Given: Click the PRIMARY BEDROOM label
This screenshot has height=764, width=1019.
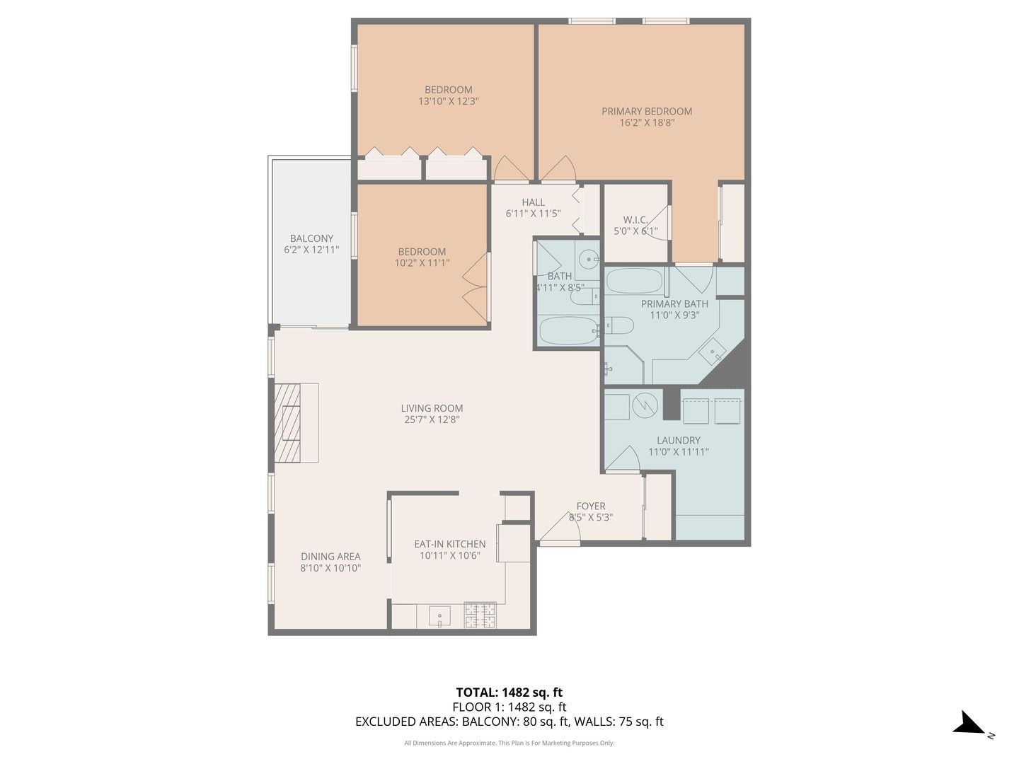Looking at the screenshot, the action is [x=647, y=111].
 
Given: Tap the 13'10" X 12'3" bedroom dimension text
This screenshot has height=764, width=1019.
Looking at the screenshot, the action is [x=449, y=101].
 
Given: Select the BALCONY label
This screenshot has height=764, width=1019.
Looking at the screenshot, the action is [x=311, y=238].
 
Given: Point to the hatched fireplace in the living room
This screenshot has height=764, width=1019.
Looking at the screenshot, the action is [x=287, y=422].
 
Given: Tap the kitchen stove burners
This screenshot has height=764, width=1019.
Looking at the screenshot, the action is [x=480, y=615].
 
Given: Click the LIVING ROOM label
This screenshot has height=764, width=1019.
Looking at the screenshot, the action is [x=432, y=408].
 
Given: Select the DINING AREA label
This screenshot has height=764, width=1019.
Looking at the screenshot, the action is [x=330, y=556].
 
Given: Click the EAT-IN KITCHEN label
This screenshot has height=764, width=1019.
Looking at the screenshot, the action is [x=450, y=544].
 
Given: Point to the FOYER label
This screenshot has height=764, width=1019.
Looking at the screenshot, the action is [x=591, y=506].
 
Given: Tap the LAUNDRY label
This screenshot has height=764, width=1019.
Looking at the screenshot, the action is [x=678, y=440].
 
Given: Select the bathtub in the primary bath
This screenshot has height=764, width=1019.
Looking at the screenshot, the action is [x=634, y=281].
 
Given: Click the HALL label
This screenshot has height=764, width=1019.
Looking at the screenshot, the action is [x=533, y=202].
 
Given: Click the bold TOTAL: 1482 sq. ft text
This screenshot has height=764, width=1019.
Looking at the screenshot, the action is [x=509, y=693].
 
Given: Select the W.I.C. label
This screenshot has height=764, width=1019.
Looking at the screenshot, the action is [x=635, y=220].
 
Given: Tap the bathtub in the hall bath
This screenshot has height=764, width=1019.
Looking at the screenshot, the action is [x=569, y=331].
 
